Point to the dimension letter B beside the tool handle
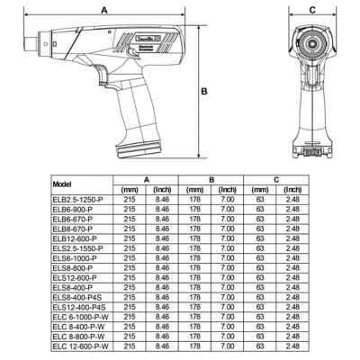[204, 92]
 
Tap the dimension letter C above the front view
[311, 10]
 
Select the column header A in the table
[147, 180]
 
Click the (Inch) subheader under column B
[229, 190]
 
